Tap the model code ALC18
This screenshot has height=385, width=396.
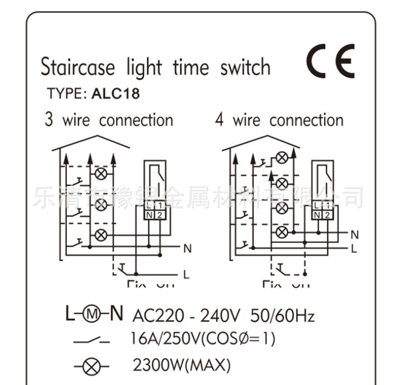pos(115,94)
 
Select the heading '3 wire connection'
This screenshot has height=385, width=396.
pos(109,120)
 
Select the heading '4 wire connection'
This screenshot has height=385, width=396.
pos(279,120)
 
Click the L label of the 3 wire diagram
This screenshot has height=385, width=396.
pos(186,274)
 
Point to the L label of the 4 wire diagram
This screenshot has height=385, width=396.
pos(354,248)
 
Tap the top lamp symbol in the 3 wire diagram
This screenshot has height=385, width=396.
pos(101,174)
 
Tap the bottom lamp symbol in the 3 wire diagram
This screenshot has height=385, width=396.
pos(101,235)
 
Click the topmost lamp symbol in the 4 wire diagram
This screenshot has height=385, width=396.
pos(282,158)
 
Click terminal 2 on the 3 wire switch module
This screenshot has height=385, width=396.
pos(160,215)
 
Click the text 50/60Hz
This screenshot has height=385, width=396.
pos(283,315)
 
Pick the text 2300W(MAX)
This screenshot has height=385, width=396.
pos(181,366)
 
